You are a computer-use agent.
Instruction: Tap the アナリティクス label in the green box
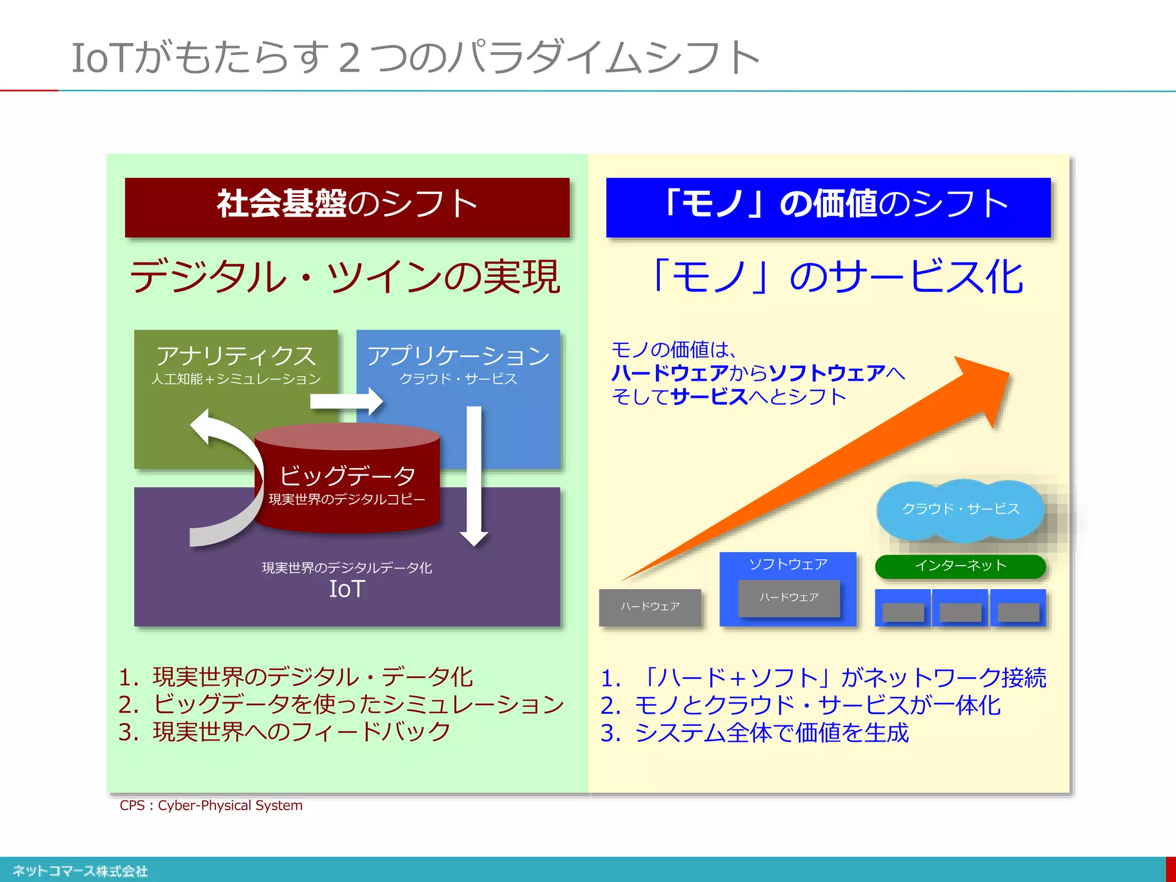(x=236, y=356)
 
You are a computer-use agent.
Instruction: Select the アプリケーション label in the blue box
(x=458, y=356)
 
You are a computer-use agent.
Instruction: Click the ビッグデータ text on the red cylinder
(x=347, y=475)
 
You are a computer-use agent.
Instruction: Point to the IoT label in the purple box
(x=347, y=589)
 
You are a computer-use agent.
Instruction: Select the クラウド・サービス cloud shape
(x=960, y=509)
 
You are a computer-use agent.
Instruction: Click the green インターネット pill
(x=960, y=566)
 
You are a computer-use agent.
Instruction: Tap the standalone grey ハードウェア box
(x=650, y=607)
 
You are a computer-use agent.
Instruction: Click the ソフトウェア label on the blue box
(x=788, y=564)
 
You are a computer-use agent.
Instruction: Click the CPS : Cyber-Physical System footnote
(x=211, y=806)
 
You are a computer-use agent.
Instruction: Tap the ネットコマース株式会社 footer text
(x=80, y=871)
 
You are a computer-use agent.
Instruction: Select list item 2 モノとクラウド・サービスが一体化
(x=800, y=706)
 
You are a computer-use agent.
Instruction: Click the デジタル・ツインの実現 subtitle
(x=345, y=277)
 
